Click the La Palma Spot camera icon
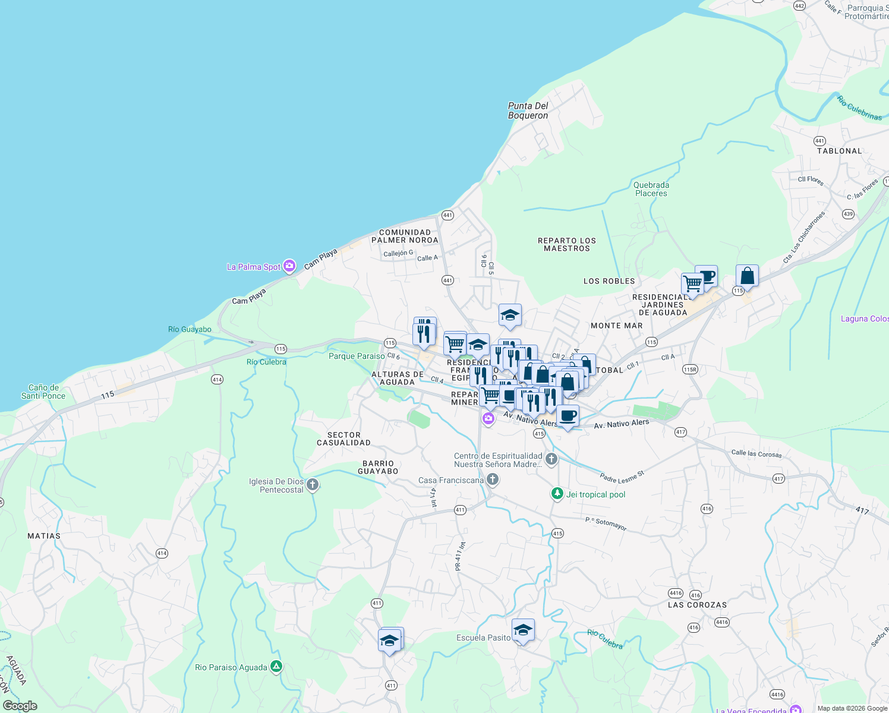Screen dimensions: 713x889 click(289, 266)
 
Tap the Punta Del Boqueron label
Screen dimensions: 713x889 click(528, 111)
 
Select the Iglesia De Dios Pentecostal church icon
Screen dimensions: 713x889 click(313, 485)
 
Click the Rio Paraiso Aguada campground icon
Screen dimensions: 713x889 click(276, 667)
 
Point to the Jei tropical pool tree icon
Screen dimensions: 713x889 click(557, 494)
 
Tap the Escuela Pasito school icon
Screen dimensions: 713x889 click(523, 630)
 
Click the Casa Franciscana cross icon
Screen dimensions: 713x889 click(492, 479)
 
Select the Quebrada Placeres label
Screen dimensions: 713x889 click(651, 189)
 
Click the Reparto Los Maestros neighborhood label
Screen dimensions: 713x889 click(566, 244)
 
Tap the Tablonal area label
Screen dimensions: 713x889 click(839, 151)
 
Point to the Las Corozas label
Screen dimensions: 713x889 click(697, 605)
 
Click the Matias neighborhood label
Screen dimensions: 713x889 click(44, 536)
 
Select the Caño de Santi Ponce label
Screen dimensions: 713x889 click(43, 392)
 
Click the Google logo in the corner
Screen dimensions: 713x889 click(20, 705)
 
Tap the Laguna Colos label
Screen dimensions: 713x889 click(864, 319)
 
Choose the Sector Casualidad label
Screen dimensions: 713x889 click(343, 438)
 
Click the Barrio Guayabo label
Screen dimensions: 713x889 click(378, 467)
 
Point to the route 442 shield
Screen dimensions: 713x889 click(799, 6)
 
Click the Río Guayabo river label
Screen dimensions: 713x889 click(190, 329)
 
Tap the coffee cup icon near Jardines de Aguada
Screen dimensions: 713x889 click(706, 276)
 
